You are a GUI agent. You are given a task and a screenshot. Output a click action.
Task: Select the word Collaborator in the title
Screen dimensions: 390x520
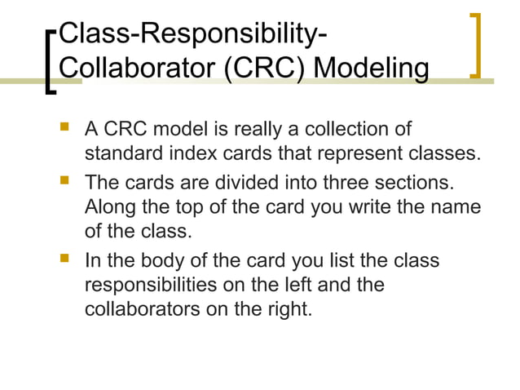click(x=135, y=67)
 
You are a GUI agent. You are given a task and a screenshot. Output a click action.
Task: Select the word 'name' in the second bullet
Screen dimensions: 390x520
click(x=457, y=207)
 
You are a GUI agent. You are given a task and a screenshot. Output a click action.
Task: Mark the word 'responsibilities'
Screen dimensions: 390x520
click(x=158, y=286)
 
